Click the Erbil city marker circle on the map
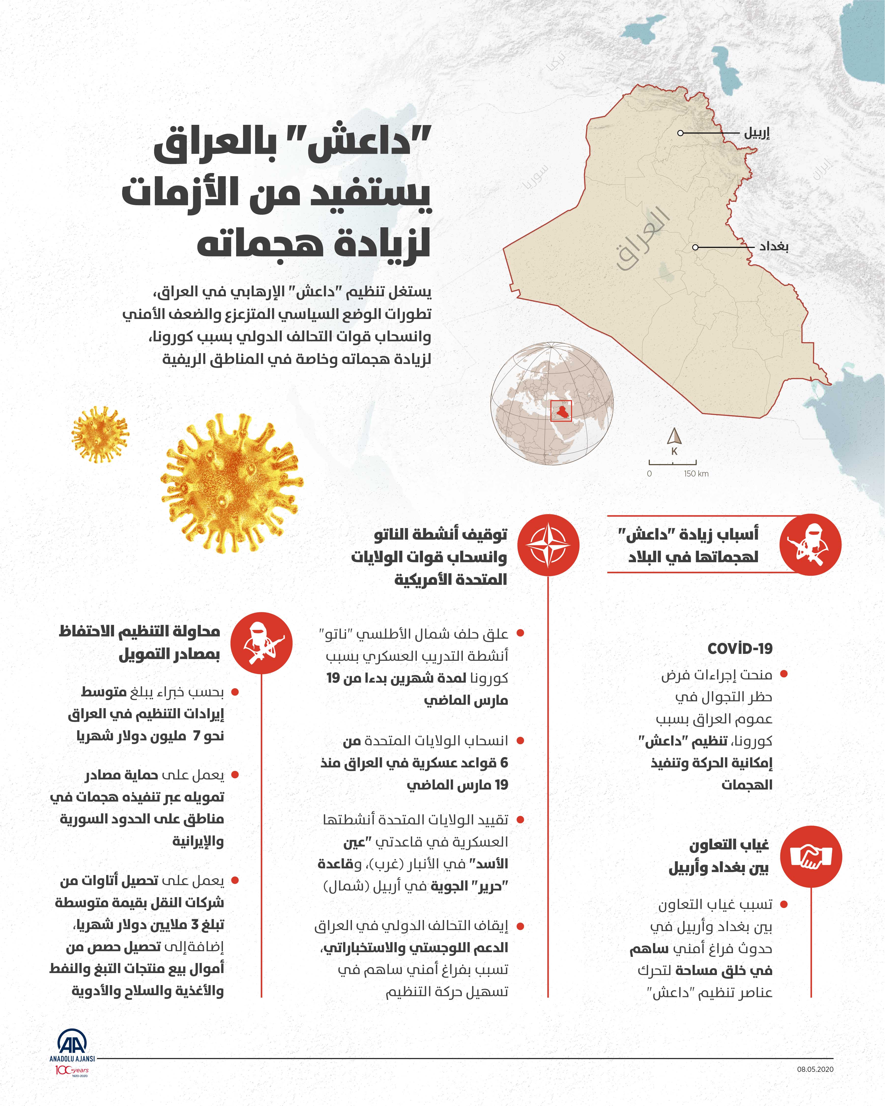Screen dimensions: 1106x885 (680, 133)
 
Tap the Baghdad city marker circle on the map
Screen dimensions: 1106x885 (695, 247)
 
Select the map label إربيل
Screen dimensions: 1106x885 (757, 133)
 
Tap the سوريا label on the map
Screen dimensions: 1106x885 (535, 177)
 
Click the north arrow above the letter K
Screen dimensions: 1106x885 (674, 437)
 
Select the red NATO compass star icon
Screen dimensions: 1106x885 (548, 545)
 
